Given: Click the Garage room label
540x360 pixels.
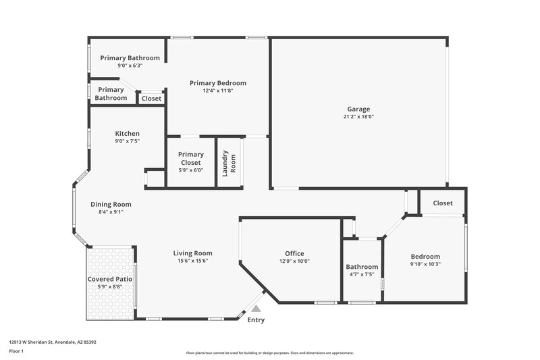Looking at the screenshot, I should click(x=358, y=109).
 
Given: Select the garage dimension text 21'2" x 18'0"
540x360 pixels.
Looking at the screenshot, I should click(x=358, y=117).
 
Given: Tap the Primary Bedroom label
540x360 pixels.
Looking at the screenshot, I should click(x=217, y=83).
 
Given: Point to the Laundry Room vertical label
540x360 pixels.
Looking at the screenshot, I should click(x=230, y=163).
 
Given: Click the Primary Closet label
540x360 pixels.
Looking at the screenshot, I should click(x=191, y=158).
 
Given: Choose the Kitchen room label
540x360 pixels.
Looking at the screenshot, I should click(x=127, y=134).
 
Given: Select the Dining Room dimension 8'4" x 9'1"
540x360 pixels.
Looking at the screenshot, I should click(x=111, y=212).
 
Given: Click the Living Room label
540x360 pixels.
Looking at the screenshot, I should click(x=193, y=253).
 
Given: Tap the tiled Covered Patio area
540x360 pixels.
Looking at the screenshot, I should click(x=109, y=297).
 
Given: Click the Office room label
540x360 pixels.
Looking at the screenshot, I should click(x=294, y=254).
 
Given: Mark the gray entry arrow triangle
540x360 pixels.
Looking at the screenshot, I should click(x=255, y=307).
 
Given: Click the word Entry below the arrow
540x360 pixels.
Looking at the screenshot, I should click(x=256, y=320).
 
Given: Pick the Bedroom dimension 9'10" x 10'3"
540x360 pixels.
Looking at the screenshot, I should click(x=425, y=265).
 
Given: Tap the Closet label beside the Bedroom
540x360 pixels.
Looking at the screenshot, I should click(x=443, y=203).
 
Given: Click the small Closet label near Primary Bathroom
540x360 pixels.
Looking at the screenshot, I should click(x=151, y=99).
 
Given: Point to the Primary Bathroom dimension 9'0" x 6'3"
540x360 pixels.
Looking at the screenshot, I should click(x=130, y=66).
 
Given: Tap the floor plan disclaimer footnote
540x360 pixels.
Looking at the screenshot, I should click(x=270, y=353).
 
